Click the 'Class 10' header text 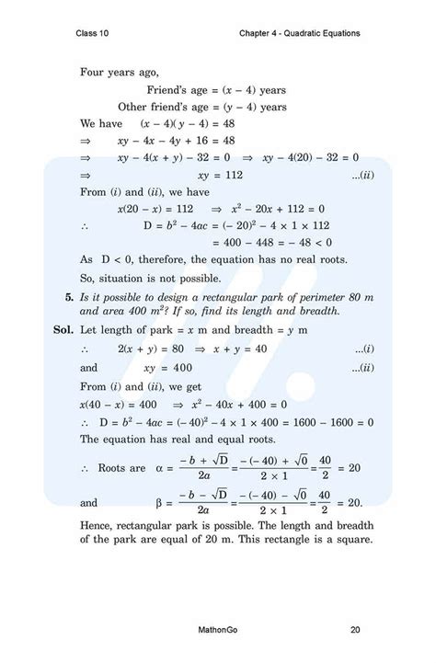[96, 34]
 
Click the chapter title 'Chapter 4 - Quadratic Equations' [297, 34]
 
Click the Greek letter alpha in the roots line [158, 468]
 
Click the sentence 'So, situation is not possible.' [150, 278]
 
